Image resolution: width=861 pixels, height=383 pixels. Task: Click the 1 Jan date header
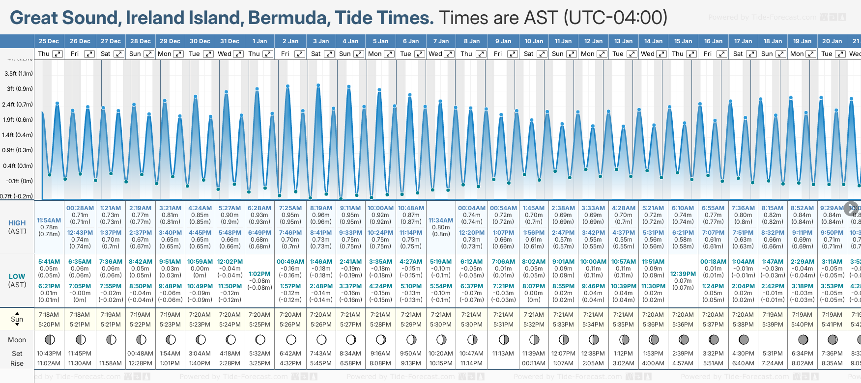pos(259,41)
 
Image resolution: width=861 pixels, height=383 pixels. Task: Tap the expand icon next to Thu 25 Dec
pos(57,54)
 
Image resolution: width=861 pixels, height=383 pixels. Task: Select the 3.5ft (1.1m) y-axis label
pos(19,74)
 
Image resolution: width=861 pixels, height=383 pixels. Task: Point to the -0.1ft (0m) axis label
pos(20,181)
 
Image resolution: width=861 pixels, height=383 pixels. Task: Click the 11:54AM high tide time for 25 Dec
pos(49,220)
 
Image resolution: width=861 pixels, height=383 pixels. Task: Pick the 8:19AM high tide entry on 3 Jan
pos(321,208)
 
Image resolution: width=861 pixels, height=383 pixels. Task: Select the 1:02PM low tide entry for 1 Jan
pos(259,274)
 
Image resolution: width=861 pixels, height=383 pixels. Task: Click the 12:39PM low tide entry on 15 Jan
pos(683,274)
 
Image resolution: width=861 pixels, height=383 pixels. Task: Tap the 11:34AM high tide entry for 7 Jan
pos(441,220)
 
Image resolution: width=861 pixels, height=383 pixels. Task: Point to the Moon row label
pos(17,340)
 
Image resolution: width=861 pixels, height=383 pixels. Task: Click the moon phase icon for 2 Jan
pos(291,339)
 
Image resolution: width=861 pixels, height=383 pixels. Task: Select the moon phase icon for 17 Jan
pos(744,339)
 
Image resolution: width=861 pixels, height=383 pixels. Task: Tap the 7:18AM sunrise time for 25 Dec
pos(49,315)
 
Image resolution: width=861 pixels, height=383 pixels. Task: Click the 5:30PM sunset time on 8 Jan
pos(471,325)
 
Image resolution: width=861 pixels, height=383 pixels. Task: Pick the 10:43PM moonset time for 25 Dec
pos(49,354)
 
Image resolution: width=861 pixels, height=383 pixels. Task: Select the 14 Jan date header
pos(654,41)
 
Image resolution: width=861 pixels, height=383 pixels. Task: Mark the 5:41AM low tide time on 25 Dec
pos(49,262)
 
